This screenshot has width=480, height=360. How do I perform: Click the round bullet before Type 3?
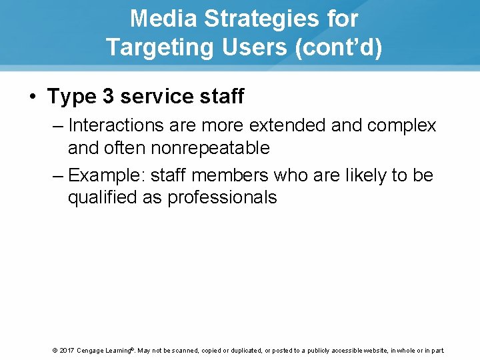pos(33,97)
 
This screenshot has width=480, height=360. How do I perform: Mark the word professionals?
pos(222,198)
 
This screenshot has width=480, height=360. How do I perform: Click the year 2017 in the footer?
pos(65,351)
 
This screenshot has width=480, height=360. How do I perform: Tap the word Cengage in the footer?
pos(94,351)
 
